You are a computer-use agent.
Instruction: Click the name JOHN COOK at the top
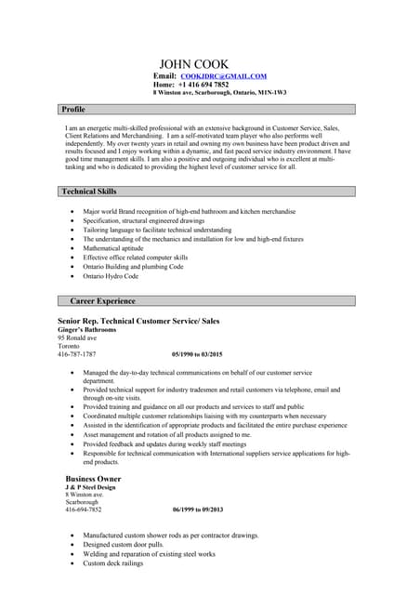click(x=193, y=64)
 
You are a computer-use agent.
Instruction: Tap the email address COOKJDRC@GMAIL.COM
click(x=223, y=75)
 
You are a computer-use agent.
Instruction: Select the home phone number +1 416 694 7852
click(x=203, y=85)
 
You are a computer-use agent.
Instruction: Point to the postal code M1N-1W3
click(x=271, y=93)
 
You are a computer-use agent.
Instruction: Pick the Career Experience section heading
click(x=102, y=301)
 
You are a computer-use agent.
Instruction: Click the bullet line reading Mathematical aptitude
click(x=113, y=248)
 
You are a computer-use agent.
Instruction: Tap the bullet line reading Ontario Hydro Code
click(x=111, y=276)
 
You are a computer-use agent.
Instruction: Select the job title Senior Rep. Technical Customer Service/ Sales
click(x=138, y=321)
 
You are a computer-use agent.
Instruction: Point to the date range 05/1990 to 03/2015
click(x=197, y=355)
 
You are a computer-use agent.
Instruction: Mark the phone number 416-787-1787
click(x=76, y=355)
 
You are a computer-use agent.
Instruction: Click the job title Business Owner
click(x=93, y=478)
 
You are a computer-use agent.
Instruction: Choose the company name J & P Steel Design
click(x=90, y=487)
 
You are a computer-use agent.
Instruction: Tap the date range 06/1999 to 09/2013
click(x=197, y=510)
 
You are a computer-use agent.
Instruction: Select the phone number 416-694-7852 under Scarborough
click(x=84, y=510)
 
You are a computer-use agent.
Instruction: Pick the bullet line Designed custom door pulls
click(x=123, y=545)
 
